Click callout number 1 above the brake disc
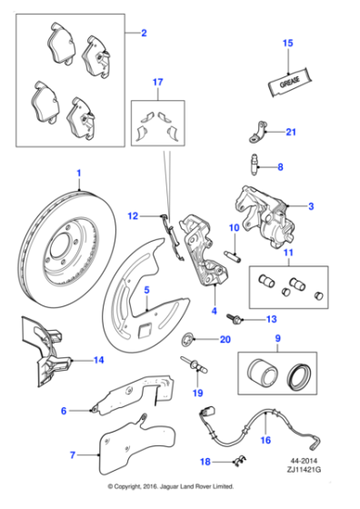(x=79, y=172)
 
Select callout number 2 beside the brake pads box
(x=143, y=35)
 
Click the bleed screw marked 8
(x=258, y=165)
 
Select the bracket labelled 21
(x=259, y=135)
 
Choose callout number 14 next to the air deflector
(x=99, y=360)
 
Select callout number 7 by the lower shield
(x=74, y=453)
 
